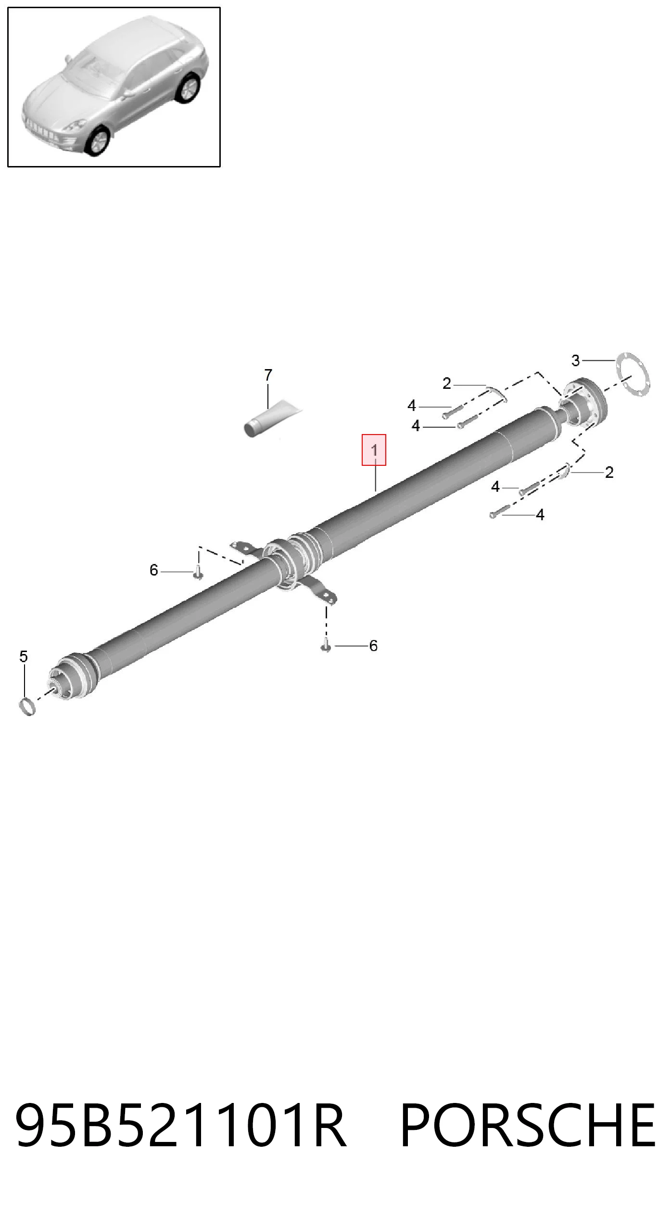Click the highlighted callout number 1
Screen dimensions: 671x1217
coord(374,450)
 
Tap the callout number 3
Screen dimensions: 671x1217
coord(576,360)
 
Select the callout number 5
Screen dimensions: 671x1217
coord(24,656)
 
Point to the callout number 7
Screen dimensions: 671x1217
coord(268,374)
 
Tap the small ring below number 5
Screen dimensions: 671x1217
coord(27,706)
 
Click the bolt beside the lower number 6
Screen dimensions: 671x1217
coord(326,645)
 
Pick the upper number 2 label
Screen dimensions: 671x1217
coord(447,384)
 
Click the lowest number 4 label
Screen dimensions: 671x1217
coord(540,515)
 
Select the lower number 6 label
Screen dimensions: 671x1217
coord(373,646)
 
